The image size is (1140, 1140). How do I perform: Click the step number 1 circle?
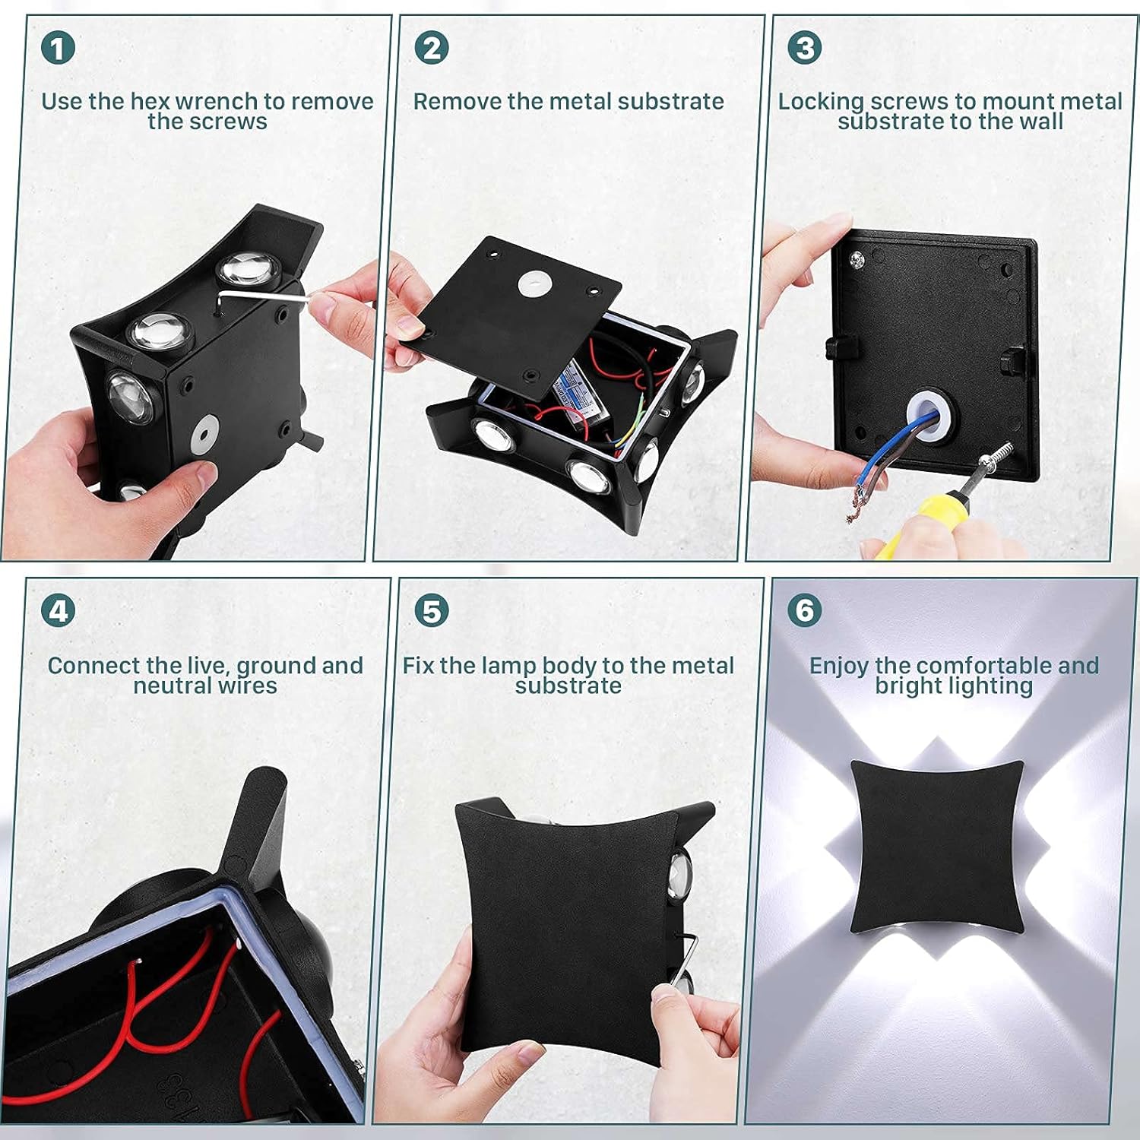(x=59, y=48)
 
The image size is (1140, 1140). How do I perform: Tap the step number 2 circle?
(x=432, y=48)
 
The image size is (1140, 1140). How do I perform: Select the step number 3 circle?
(x=805, y=48)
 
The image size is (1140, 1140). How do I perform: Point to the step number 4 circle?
(x=59, y=610)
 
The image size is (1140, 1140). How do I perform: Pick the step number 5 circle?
(x=432, y=610)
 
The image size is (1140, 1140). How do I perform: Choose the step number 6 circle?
(x=805, y=610)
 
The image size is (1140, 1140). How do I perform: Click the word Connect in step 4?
(x=93, y=666)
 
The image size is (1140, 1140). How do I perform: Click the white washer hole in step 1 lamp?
(x=203, y=433)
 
